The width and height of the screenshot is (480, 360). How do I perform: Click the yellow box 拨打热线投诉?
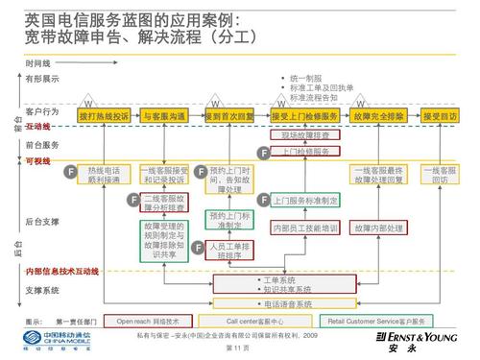pyautogui.click(x=104, y=116)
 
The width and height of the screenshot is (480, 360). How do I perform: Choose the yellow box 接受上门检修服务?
pyautogui.click(x=304, y=116)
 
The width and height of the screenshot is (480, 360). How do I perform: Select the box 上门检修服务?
pyautogui.click(x=305, y=152)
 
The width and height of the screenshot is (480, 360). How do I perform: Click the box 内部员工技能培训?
pyautogui.click(x=305, y=228)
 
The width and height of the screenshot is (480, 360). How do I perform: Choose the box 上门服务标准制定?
pyautogui.click(x=305, y=201)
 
